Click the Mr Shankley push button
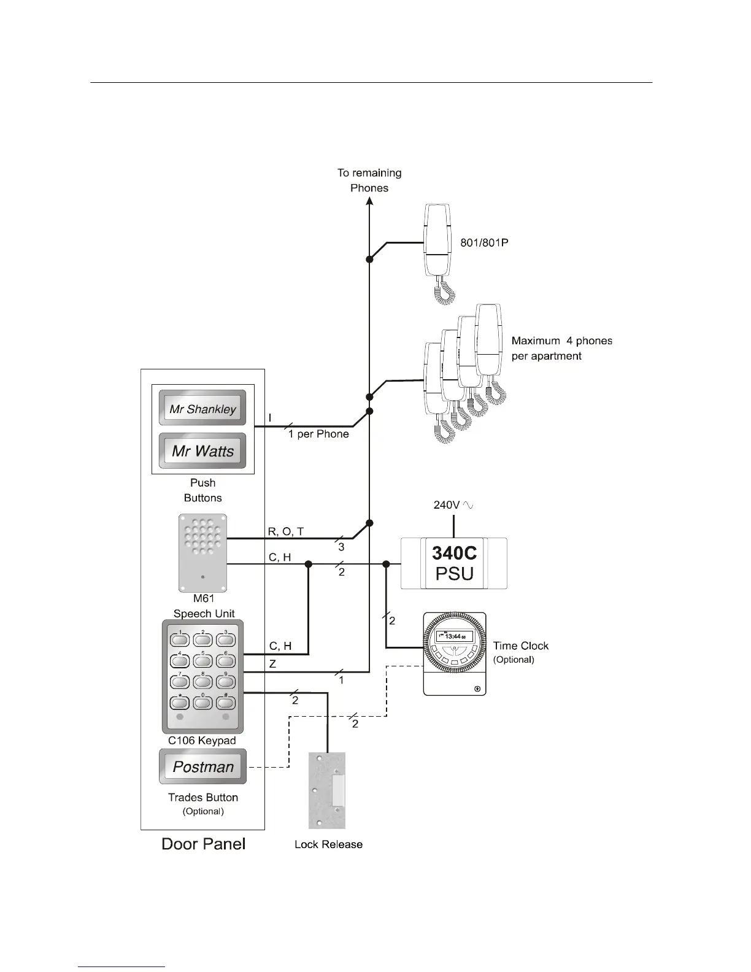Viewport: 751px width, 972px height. pos(202,409)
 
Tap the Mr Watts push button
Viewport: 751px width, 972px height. pos(202,451)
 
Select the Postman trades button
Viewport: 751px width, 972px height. pos(202,766)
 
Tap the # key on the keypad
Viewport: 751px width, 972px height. pos(226,703)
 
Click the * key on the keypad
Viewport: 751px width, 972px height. pos(180,703)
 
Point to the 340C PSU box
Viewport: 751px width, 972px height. pos(454,563)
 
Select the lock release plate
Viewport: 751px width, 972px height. pos(327,791)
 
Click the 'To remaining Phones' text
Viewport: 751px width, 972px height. pos(369,180)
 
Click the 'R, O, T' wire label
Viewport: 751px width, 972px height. pos(286,531)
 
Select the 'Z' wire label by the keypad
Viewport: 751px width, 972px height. pos(273,664)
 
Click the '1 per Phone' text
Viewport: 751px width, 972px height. pos(318,434)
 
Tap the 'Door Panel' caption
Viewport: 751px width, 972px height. pos(203,844)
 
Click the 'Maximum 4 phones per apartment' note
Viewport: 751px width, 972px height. pos(561,349)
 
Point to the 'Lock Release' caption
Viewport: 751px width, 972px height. pos(328,844)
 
